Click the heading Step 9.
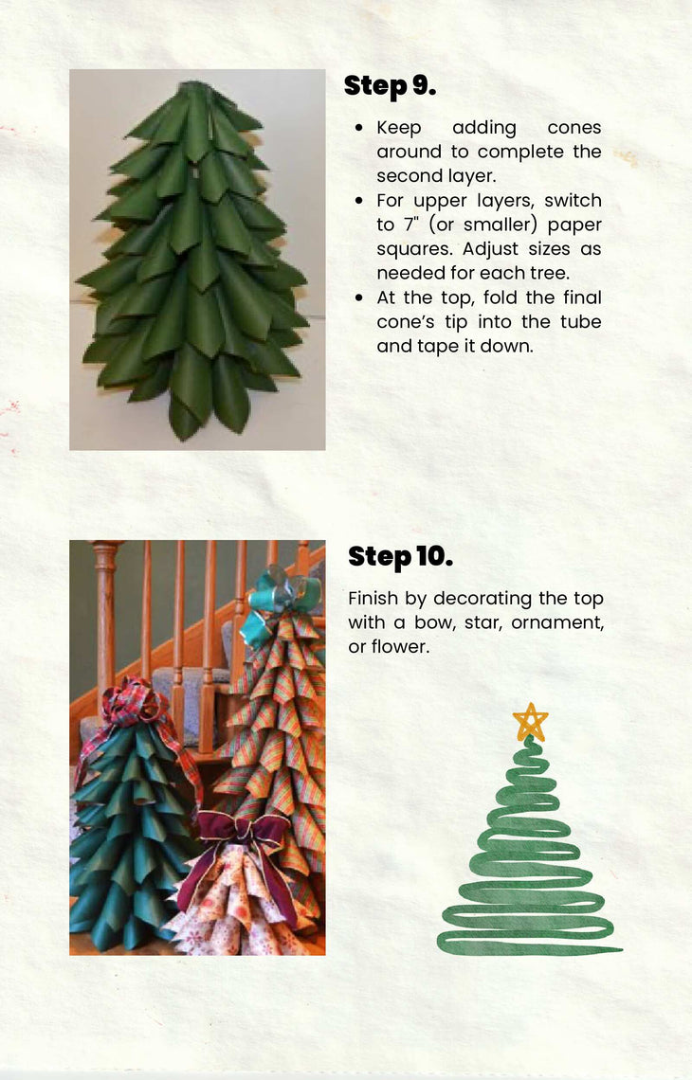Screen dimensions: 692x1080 [390, 85]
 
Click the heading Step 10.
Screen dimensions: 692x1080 [400, 556]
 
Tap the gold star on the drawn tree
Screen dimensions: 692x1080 [530, 722]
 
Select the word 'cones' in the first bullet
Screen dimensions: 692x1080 [574, 128]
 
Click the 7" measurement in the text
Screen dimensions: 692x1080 [410, 225]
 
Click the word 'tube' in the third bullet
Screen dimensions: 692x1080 [580, 322]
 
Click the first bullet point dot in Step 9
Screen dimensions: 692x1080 [359, 128]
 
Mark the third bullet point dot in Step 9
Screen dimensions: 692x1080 [359, 298]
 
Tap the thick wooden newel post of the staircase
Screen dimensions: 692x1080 [105, 620]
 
